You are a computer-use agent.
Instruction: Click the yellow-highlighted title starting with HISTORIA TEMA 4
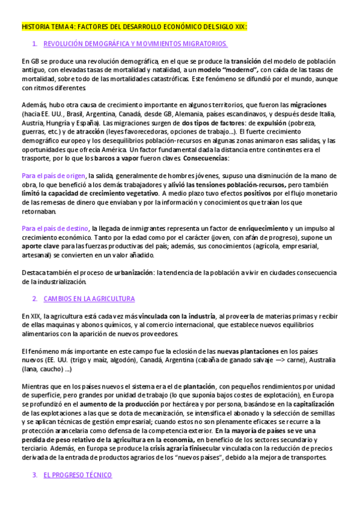[x=134, y=27]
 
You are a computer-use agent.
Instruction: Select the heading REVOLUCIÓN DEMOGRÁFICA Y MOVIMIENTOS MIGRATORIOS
[x=136, y=45]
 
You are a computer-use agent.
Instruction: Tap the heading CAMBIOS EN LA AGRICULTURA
[x=89, y=299]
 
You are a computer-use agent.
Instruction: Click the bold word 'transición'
[x=246, y=62]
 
